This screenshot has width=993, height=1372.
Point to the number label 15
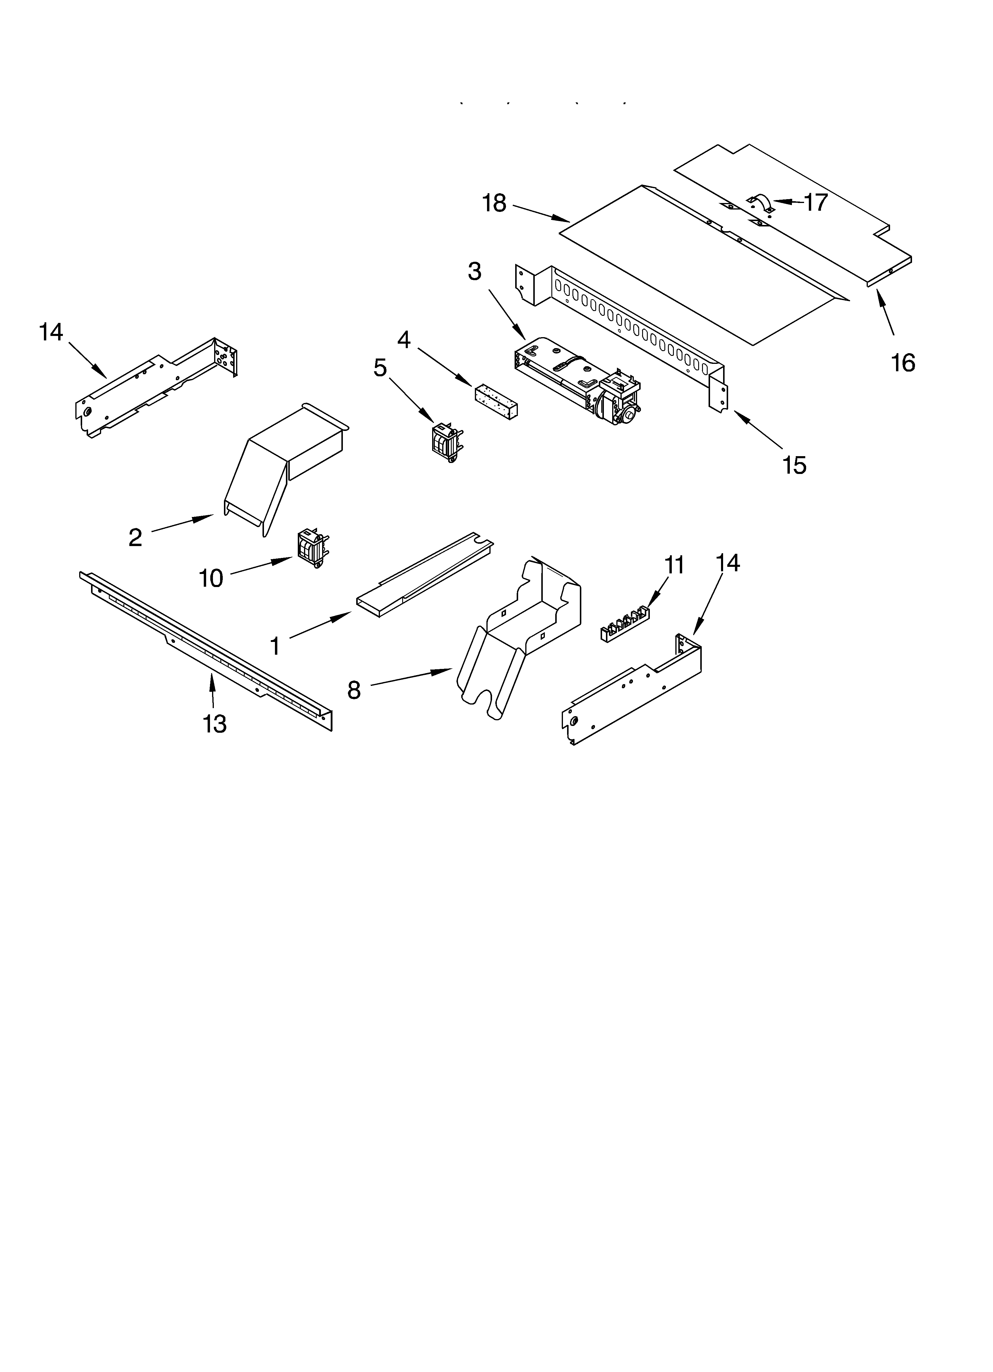[794, 465]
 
